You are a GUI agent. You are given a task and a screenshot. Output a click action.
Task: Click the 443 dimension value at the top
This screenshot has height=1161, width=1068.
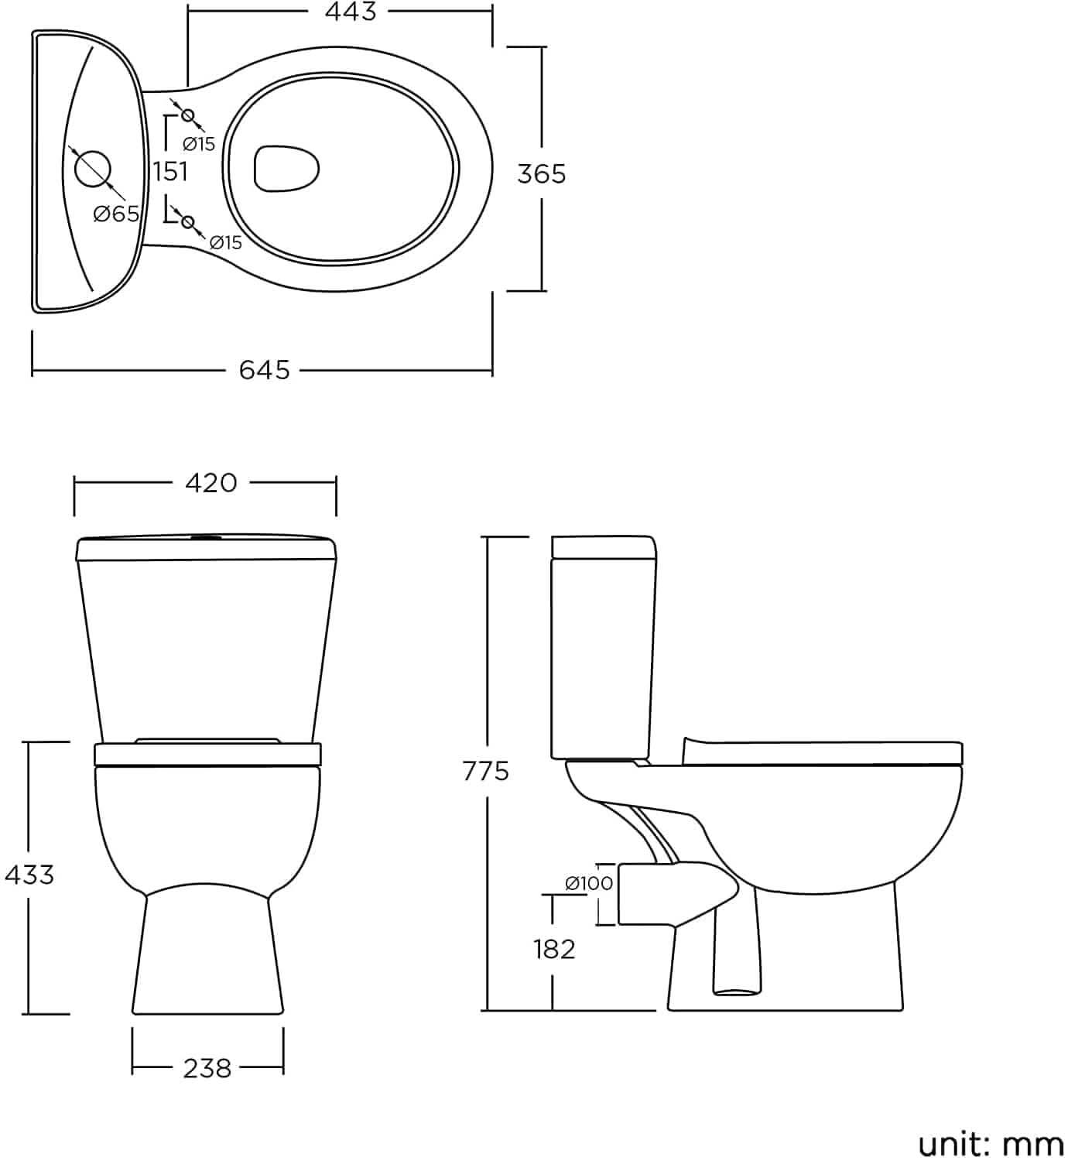351,12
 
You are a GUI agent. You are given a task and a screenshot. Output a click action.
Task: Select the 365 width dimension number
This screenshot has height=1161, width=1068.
541,173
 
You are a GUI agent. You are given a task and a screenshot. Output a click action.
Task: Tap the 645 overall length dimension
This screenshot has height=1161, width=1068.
264,370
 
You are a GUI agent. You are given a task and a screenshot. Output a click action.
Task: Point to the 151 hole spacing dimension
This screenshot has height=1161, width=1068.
170,171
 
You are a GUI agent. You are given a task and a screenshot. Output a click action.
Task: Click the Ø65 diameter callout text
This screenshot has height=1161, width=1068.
116,214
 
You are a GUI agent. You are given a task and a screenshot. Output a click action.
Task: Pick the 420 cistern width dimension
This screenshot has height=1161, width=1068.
211,483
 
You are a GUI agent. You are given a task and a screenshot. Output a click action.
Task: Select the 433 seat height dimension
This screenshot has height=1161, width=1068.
29,875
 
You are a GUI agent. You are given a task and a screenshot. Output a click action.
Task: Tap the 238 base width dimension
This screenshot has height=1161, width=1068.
207,1069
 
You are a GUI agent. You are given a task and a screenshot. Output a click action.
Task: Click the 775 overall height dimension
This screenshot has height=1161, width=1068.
486,771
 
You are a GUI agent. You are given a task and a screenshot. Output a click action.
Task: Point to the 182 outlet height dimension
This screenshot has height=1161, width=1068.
554,948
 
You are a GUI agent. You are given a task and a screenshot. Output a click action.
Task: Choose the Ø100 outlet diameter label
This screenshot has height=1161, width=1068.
589,882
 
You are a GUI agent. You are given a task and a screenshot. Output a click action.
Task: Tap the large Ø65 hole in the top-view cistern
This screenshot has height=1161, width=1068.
92,168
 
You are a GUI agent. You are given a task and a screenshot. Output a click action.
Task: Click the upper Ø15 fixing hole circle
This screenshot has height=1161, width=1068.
187,116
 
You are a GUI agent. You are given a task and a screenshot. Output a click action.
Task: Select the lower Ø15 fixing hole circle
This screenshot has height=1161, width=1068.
187,223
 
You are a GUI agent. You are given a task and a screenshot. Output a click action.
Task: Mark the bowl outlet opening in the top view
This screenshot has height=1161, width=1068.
286,167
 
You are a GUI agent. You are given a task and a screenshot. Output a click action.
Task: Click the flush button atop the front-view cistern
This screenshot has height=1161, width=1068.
206,536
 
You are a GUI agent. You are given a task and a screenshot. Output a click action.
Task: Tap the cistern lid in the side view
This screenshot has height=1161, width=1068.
604,546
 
